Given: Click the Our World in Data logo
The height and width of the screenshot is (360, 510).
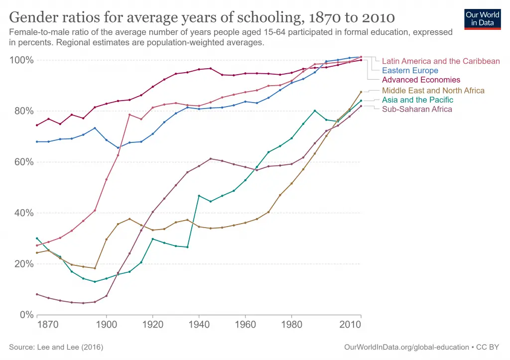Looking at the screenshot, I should [x=483, y=18].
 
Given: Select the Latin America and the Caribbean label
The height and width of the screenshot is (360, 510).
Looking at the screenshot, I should [x=441, y=61].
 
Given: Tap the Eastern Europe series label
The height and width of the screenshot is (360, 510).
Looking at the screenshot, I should [x=410, y=71].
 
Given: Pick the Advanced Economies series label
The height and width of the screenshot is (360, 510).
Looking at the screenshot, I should [x=421, y=80].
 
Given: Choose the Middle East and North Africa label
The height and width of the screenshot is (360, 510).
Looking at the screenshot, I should [x=433, y=91].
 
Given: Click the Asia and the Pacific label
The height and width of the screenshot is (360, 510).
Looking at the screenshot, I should [x=417, y=100].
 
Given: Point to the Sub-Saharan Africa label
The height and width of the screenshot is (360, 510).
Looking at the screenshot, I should [x=417, y=109].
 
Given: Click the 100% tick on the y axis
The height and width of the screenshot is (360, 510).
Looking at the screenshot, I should [x=21, y=60].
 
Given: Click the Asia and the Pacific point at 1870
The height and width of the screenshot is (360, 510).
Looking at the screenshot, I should [x=37, y=239].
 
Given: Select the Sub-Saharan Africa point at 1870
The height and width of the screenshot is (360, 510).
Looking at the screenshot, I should [x=37, y=294].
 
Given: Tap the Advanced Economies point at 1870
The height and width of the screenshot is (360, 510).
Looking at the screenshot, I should [x=37, y=125].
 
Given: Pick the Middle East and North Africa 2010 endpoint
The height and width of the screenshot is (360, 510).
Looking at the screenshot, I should [x=361, y=92].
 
